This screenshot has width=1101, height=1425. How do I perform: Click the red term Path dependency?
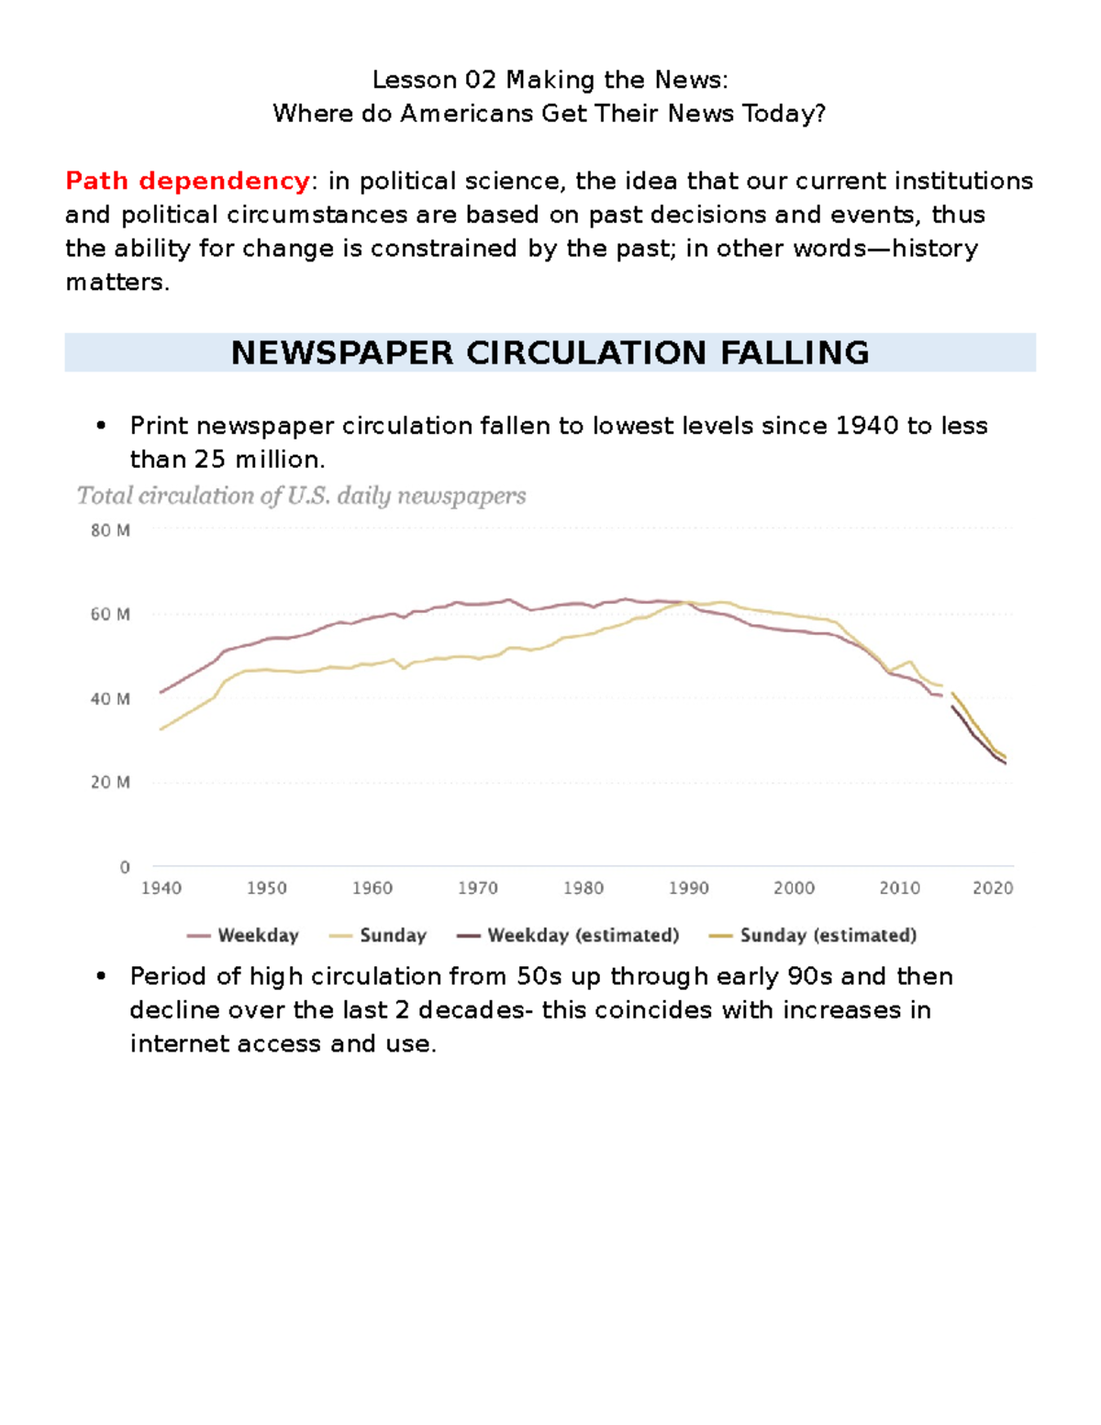(187, 181)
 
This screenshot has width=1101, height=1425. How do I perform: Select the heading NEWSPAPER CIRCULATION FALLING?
(550, 352)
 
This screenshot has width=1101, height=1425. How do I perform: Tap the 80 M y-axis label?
(110, 529)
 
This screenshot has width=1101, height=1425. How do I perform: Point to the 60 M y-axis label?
(110, 615)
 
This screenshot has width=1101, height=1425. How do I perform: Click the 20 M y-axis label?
(110, 783)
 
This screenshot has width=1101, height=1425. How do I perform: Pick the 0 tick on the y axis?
(125, 867)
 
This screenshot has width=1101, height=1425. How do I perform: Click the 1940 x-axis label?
(161, 888)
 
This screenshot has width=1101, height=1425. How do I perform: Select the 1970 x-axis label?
(477, 888)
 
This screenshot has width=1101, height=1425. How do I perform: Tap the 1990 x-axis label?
(688, 888)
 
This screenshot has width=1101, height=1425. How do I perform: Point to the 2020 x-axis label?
(993, 888)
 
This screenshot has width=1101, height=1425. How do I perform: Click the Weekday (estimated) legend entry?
(568, 935)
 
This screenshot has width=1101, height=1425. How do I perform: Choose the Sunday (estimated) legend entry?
(813, 935)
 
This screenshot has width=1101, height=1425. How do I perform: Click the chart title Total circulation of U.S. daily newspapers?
(302, 496)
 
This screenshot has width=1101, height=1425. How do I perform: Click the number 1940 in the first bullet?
(867, 426)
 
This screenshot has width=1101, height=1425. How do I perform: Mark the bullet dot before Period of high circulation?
(100, 976)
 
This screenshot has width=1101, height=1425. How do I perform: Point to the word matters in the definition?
(116, 283)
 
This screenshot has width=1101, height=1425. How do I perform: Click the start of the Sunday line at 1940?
(161, 729)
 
